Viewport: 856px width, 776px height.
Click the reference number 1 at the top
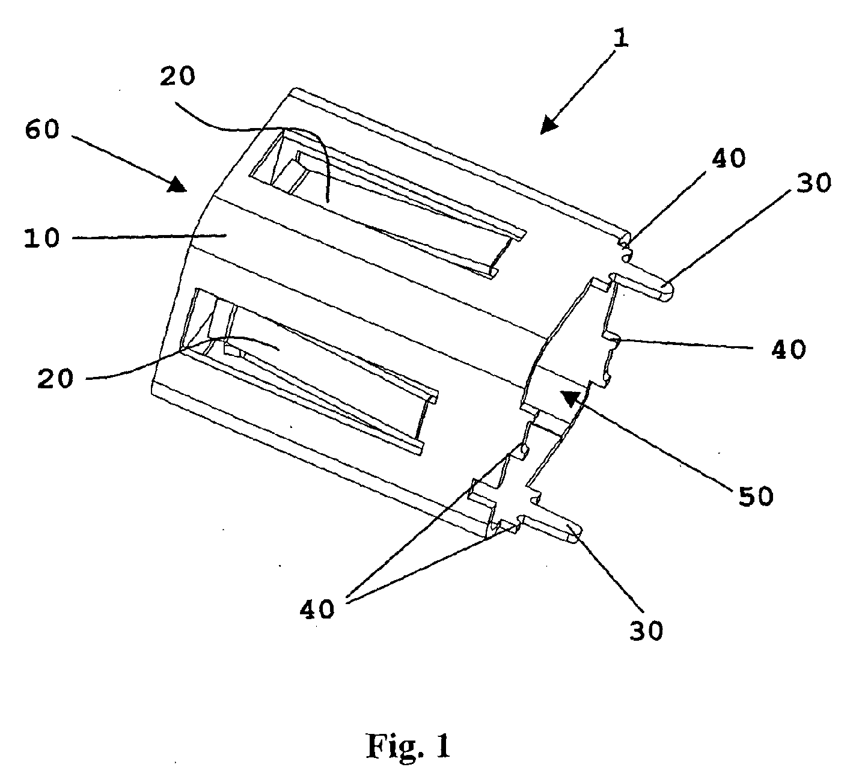621,39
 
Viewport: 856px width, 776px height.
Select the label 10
41,238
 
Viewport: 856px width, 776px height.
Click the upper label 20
177,76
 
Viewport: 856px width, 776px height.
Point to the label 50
756,496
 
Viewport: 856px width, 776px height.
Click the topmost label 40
729,158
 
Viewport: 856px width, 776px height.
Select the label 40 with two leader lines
317,609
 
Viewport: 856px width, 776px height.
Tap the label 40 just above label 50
789,349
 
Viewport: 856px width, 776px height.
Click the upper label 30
814,183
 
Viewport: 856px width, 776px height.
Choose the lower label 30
646,631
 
